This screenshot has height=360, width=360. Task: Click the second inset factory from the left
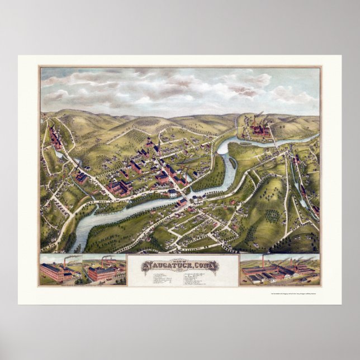point(104,271)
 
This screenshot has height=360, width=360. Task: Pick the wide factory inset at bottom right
point(280,271)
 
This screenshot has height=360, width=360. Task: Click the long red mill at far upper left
point(55,137)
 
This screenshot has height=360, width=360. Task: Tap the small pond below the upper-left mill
point(75,162)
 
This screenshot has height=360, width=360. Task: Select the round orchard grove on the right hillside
point(272,215)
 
